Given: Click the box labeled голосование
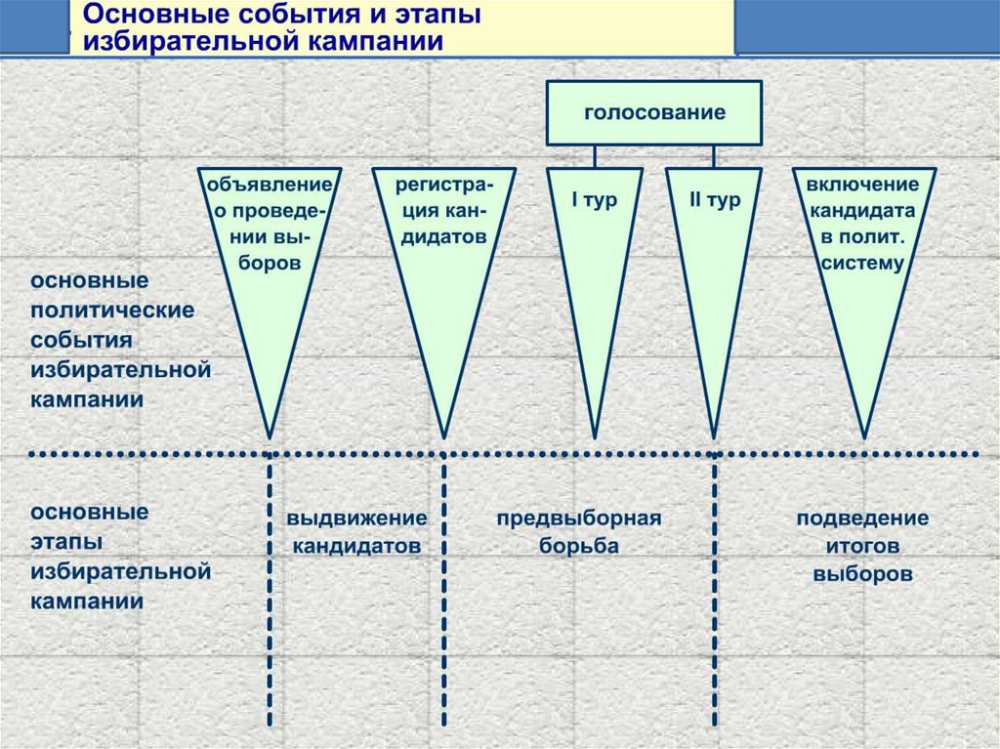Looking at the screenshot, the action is [x=654, y=112].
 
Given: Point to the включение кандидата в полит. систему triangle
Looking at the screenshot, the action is [x=862, y=293].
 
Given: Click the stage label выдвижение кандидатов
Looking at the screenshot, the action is [x=356, y=532].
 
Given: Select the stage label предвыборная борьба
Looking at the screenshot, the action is [x=579, y=532].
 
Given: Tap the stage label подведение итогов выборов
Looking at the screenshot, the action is [x=862, y=546].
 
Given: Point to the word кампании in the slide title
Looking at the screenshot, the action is [x=380, y=42].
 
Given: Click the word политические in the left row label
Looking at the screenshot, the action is [x=112, y=311].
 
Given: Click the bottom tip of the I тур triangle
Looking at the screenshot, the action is [x=594, y=436].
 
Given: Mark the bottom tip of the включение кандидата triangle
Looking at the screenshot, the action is [x=863, y=436].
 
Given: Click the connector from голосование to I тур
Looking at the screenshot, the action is [x=594, y=156].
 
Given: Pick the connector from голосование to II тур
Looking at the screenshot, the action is [x=714, y=156].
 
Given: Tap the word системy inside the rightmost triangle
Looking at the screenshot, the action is [x=862, y=264].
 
